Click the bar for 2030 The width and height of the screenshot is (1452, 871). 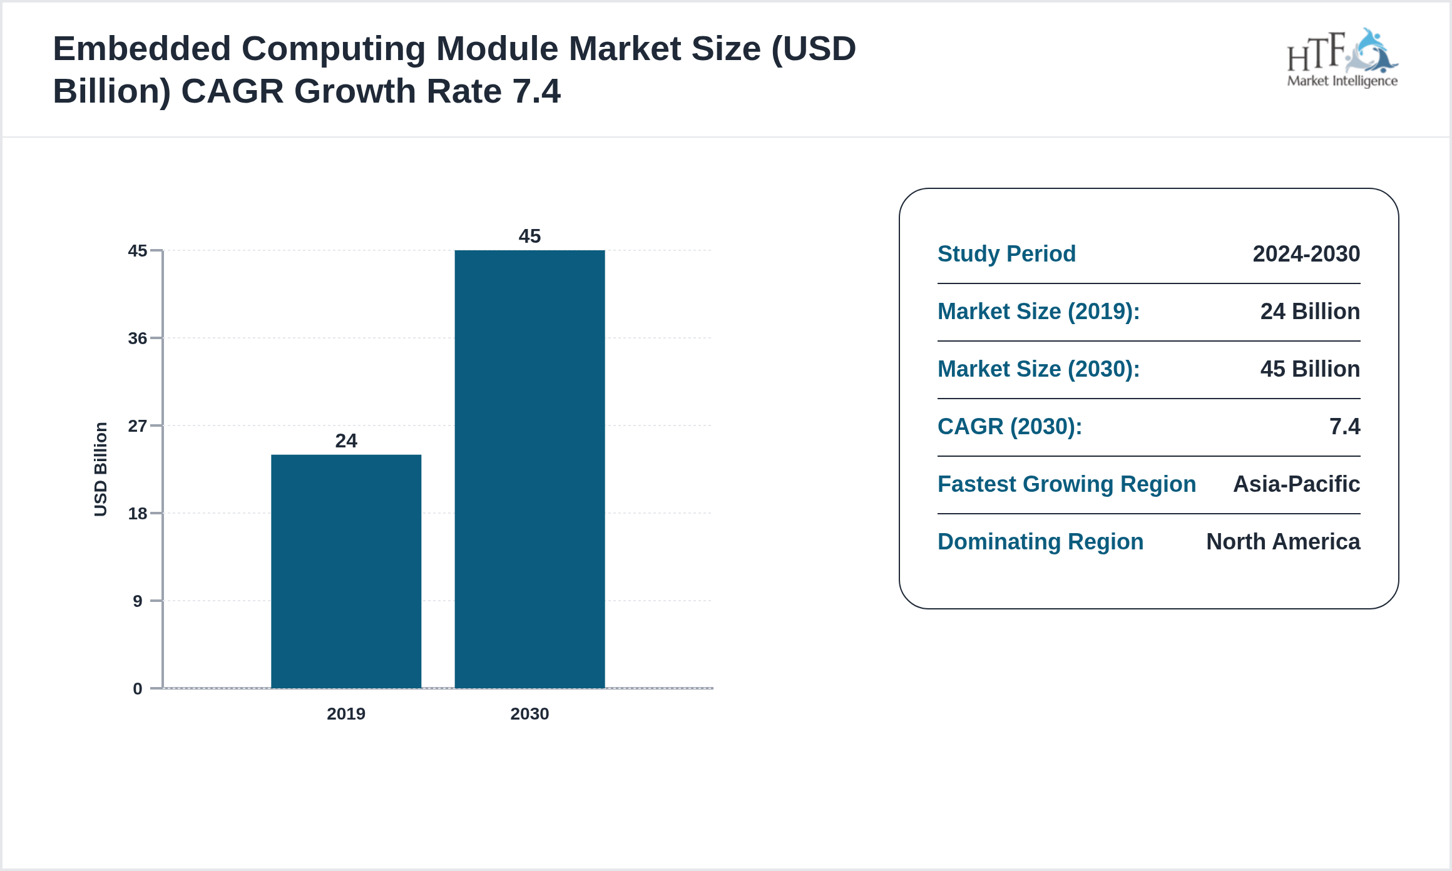pos(529,469)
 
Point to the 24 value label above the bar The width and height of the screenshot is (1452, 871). pos(346,441)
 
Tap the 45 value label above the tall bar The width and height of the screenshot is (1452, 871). pos(529,237)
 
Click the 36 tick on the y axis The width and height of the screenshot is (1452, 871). pos(138,339)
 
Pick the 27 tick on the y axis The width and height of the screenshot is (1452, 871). pos(138,426)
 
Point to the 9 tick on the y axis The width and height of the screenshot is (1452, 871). pos(138,601)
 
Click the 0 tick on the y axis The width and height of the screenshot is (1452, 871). pos(138,689)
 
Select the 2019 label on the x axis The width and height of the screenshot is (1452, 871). pos(346,714)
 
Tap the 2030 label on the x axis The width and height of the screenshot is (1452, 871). pos(529,714)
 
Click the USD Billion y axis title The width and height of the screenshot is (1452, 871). pos(101,469)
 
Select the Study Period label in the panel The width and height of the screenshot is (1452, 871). pos(1006,254)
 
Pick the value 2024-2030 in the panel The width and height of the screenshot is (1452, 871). pos(1306,254)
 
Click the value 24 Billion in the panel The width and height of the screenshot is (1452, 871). pos(1310,312)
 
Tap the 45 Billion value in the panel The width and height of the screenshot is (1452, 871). pos(1310,369)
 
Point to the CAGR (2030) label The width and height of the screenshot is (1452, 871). pos(1010,427)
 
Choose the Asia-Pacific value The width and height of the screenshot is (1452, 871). pos(1296,484)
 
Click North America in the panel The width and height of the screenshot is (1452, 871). pos(1283,542)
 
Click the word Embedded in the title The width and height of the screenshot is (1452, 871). pos(142,49)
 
